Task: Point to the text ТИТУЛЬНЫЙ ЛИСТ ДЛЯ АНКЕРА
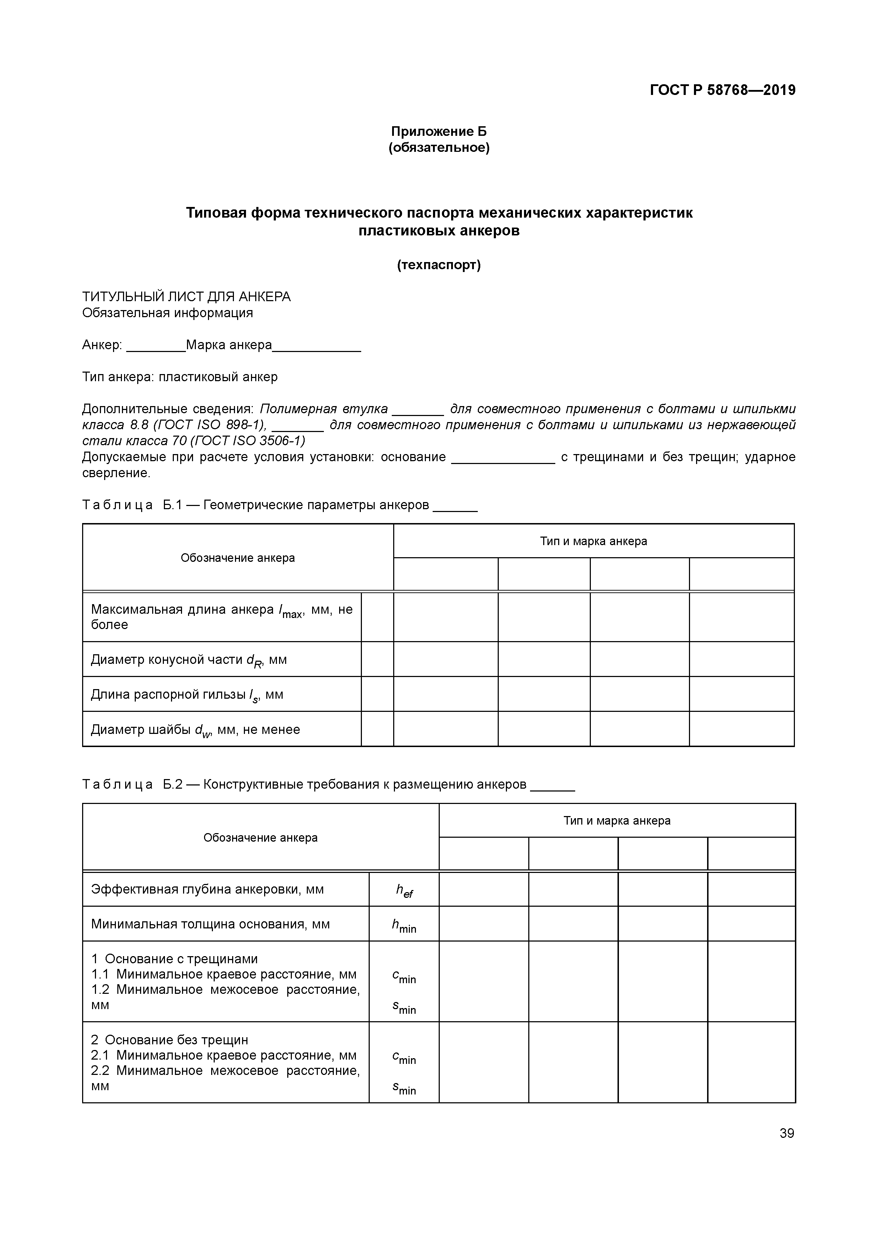(x=186, y=297)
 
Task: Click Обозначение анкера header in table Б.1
(x=237, y=558)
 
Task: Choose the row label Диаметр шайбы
(x=195, y=729)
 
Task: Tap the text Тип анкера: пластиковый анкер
(x=180, y=377)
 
